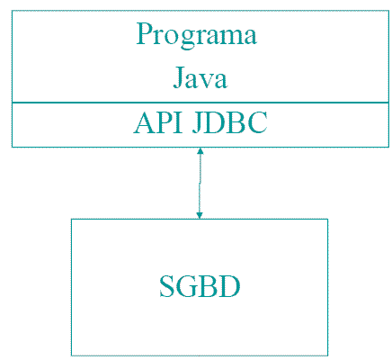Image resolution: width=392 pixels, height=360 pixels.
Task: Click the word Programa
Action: (x=197, y=35)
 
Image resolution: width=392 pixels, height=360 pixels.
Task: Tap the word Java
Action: (x=200, y=77)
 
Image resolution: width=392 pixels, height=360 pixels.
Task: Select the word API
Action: (x=158, y=122)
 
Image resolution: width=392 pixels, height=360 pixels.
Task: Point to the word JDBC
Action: (x=229, y=122)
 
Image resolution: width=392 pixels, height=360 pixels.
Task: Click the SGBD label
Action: (x=200, y=286)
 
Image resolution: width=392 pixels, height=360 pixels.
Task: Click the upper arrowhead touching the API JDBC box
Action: (x=200, y=150)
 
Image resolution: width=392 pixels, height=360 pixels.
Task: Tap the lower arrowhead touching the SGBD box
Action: (x=200, y=215)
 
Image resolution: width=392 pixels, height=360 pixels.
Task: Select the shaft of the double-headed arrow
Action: (x=200, y=183)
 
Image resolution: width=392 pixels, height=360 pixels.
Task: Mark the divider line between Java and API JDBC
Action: (x=200, y=103)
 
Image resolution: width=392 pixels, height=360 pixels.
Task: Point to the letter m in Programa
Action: (x=229, y=37)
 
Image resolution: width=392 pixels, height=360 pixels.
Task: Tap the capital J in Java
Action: (x=179, y=77)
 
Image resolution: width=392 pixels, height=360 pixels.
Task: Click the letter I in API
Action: (x=178, y=122)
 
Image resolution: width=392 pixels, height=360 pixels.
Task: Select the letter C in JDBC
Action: (x=257, y=123)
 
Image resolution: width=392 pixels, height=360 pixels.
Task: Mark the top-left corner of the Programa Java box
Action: (x=12, y=11)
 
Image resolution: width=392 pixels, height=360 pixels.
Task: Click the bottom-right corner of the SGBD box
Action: (x=327, y=355)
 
